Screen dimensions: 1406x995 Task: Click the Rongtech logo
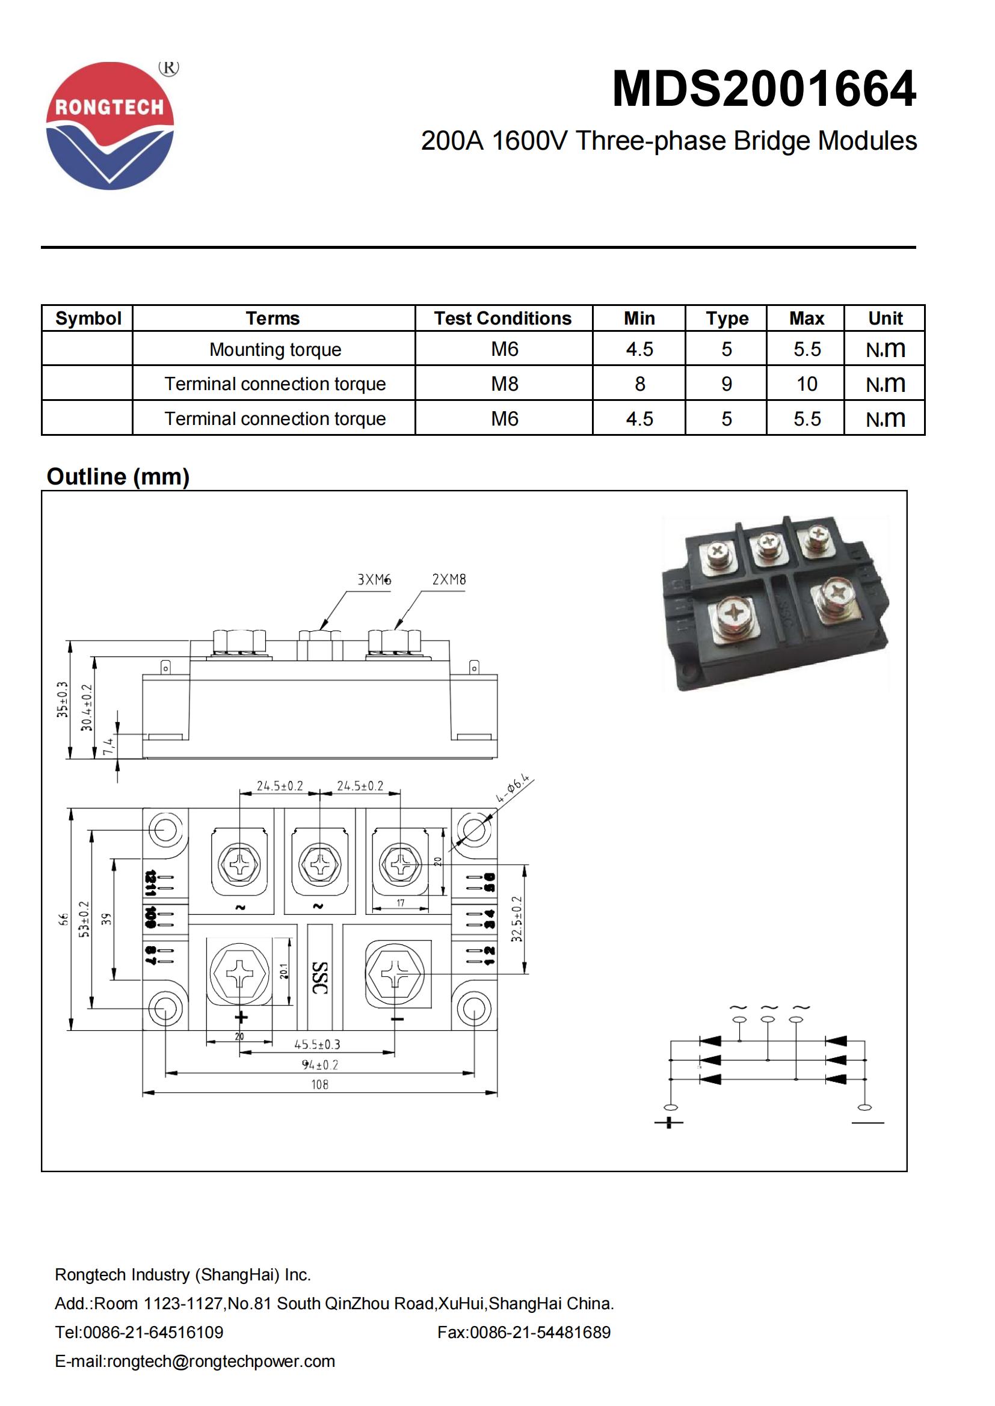click(110, 126)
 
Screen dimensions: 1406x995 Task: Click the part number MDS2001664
click(763, 90)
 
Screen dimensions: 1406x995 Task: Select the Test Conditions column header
click(502, 319)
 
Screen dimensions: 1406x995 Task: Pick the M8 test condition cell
click(504, 384)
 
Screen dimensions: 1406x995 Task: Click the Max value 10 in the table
click(806, 384)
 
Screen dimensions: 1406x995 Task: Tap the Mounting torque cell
click(274, 350)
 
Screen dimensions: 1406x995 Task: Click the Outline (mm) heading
click(119, 477)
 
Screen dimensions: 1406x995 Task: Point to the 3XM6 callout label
click(374, 579)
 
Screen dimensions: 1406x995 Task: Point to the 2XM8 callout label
click(449, 579)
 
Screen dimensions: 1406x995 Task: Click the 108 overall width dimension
click(319, 1084)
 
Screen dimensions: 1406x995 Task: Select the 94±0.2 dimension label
click(319, 1065)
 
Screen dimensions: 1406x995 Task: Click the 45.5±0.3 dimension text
click(317, 1045)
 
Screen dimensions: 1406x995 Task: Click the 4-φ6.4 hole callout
click(511, 789)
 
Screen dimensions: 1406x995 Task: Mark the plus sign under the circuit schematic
click(668, 1122)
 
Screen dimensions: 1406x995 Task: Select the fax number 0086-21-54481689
click(524, 1332)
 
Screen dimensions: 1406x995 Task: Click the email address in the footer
click(195, 1361)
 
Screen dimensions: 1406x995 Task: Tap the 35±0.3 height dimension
click(62, 699)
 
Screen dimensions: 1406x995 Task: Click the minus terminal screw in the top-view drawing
click(395, 973)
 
